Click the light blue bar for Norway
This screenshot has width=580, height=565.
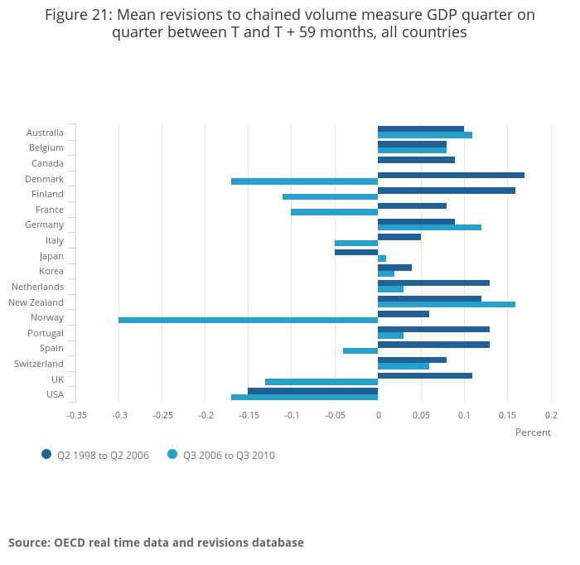point(248,320)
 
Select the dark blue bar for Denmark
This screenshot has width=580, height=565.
point(451,175)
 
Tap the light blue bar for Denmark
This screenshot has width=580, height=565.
point(304,181)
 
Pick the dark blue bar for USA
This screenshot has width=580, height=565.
point(312,391)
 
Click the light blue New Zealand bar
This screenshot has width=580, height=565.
point(446,305)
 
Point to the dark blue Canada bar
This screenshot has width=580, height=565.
point(416,160)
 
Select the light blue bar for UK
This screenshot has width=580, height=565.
point(321,382)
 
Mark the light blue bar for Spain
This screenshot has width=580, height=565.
point(360,351)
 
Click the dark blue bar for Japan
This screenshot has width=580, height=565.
point(356,252)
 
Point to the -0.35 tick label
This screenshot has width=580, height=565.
point(76,415)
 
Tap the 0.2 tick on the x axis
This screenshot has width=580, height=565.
point(551,415)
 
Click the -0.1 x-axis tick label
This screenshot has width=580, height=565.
point(292,415)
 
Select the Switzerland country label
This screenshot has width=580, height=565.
point(39,364)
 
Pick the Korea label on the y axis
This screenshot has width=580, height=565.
point(51,271)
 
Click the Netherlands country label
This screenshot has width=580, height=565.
point(37,287)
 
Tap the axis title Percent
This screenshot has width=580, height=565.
point(533,432)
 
